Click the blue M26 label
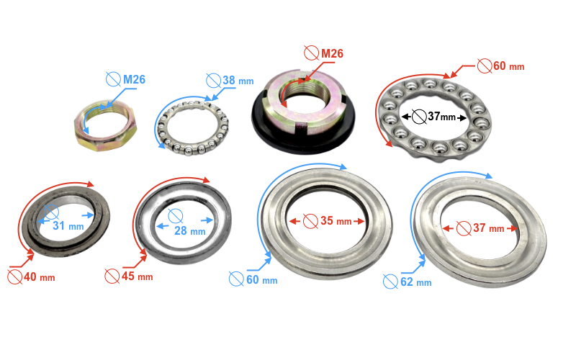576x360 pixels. click(x=134, y=79)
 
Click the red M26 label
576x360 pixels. click(x=332, y=53)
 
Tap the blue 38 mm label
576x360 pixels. click(x=238, y=81)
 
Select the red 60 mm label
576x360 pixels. click(x=509, y=66)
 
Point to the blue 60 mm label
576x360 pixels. click(x=262, y=280)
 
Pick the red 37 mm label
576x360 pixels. click(x=489, y=228)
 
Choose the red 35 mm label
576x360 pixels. click(x=336, y=221)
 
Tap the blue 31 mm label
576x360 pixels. click(x=68, y=225)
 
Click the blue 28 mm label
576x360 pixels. click(x=189, y=230)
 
